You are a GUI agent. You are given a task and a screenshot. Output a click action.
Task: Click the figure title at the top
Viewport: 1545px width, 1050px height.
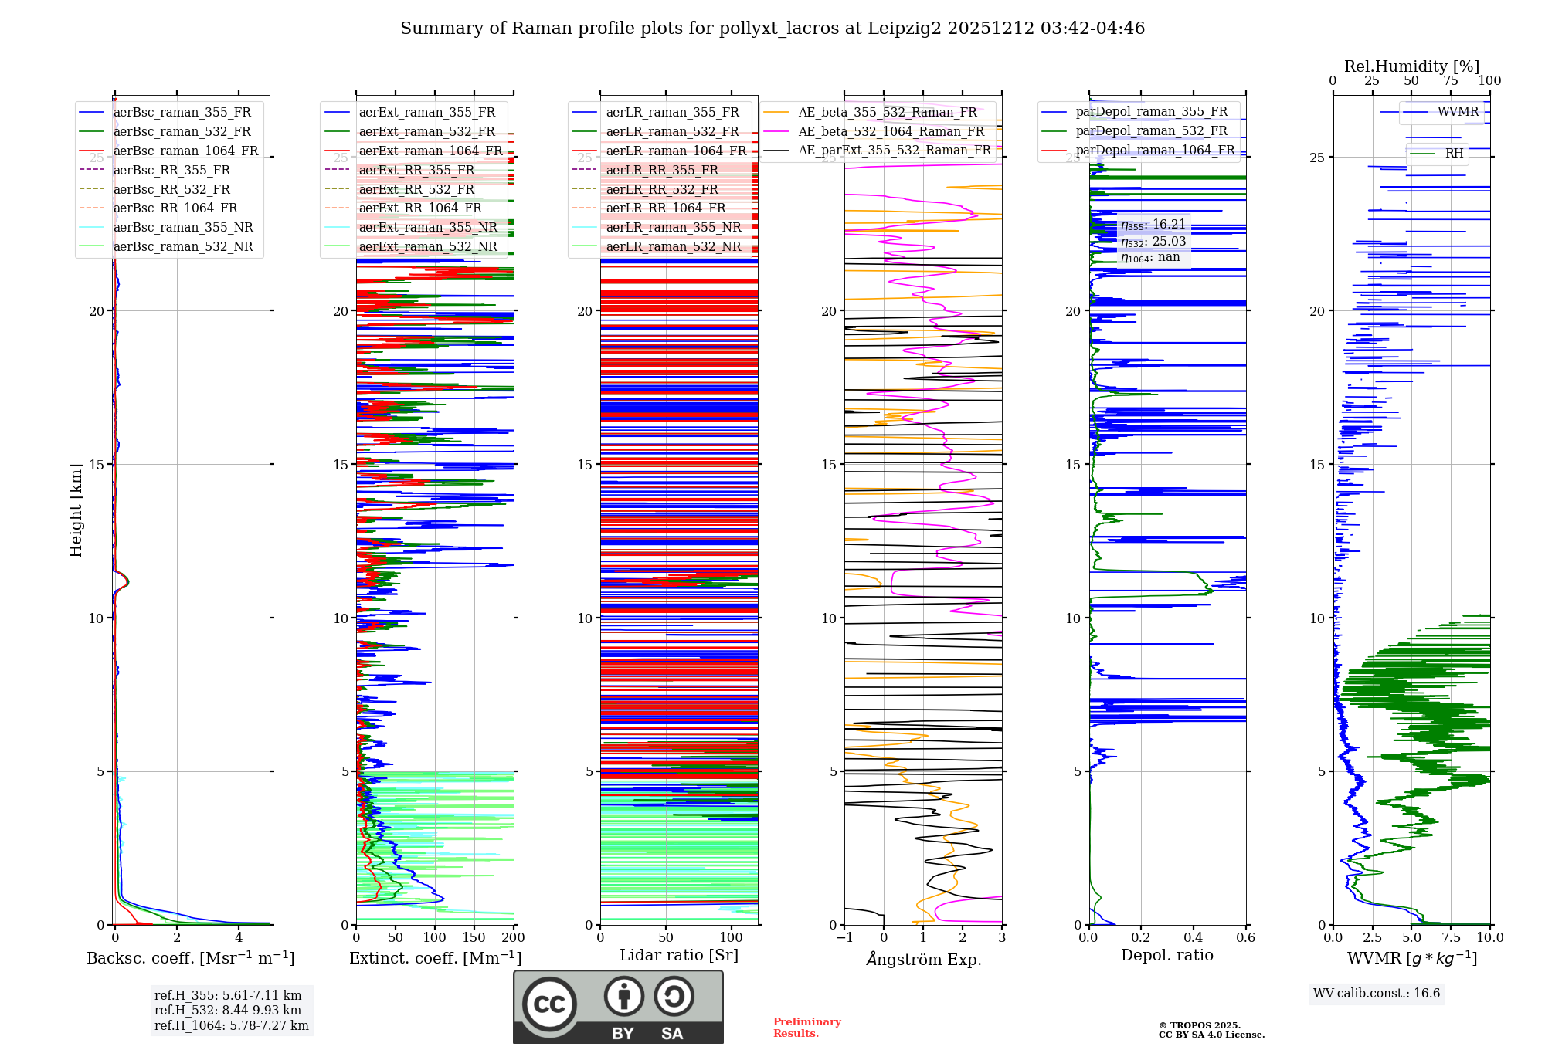point(772,29)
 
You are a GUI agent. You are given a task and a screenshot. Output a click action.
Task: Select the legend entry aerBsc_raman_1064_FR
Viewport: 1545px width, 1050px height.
point(185,151)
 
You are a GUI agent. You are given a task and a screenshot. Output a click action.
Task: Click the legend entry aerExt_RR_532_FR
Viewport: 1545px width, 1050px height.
point(416,189)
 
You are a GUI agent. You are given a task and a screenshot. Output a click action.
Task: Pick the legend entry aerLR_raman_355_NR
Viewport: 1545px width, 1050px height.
point(673,227)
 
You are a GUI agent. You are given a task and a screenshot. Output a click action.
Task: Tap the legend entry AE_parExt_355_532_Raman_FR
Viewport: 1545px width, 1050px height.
point(894,150)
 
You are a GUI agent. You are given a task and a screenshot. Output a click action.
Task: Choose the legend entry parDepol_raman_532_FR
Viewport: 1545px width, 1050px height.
point(1151,131)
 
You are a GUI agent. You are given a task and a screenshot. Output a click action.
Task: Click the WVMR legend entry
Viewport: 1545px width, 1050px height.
point(1458,112)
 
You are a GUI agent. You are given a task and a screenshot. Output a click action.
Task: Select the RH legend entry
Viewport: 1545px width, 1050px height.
point(1454,154)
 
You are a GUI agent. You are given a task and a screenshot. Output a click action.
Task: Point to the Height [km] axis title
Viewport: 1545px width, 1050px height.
point(76,510)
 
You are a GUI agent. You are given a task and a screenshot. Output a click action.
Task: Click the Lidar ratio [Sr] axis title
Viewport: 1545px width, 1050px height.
point(679,955)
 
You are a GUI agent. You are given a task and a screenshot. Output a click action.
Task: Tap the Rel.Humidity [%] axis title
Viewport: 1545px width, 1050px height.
point(1411,66)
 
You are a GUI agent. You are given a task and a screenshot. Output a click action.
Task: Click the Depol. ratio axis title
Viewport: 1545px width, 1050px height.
point(1166,955)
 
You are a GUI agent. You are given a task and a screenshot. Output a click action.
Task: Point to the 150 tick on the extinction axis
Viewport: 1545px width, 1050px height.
point(474,937)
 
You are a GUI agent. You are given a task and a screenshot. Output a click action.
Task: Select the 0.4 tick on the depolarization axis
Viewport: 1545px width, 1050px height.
point(1194,937)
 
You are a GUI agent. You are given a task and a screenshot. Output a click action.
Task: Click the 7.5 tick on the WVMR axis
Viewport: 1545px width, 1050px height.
point(1451,937)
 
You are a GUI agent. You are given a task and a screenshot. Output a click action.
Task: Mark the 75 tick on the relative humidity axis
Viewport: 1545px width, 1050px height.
point(1451,80)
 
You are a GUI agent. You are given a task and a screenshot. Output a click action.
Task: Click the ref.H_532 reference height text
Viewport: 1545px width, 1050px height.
point(227,1010)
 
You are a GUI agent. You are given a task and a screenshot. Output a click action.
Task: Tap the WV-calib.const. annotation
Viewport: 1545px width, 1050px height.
point(1377,993)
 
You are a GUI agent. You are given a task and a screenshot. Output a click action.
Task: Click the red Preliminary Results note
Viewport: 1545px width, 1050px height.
point(806,1027)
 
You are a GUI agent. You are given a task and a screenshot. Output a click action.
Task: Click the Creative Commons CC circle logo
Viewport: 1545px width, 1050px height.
point(549,1004)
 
